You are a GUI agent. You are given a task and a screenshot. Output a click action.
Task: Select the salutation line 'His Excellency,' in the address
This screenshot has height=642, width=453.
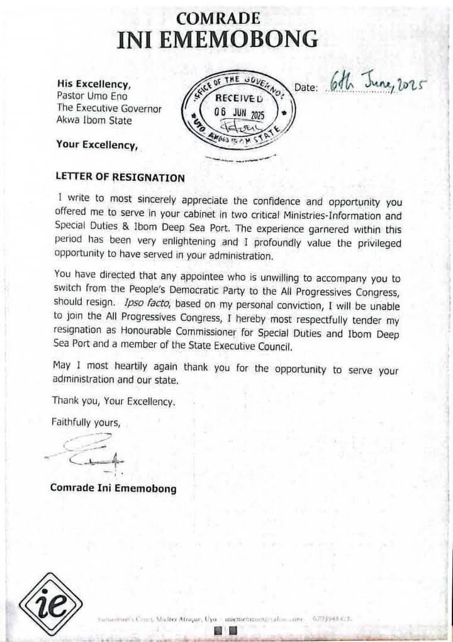point(86,84)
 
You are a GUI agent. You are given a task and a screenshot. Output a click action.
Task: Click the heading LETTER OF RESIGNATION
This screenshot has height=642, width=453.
point(121,178)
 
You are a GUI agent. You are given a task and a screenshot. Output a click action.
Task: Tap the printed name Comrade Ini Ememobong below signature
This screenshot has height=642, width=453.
point(113,488)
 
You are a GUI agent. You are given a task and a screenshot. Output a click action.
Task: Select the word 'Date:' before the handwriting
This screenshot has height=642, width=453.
point(306,88)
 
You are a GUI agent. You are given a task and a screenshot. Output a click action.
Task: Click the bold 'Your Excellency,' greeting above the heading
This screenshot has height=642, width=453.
point(97,145)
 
